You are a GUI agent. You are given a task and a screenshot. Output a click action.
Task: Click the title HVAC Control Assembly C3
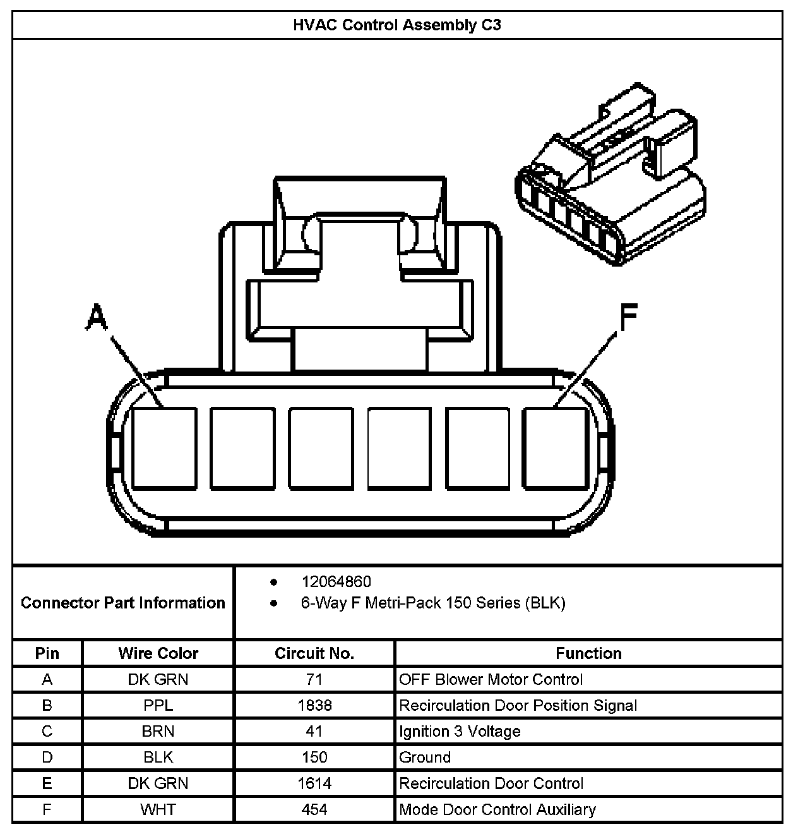click(397, 25)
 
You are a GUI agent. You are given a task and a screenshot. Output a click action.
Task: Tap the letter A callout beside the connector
click(96, 317)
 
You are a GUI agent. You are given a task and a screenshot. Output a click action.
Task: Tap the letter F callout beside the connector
click(628, 317)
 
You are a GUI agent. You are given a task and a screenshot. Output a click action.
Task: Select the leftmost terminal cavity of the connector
click(164, 448)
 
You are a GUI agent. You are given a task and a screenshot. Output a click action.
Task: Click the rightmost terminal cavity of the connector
click(556, 448)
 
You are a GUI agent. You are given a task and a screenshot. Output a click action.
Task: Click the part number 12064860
click(336, 581)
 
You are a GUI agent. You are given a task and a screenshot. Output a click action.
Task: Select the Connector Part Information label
click(123, 603)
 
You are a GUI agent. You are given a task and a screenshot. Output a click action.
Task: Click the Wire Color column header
click(158, 653)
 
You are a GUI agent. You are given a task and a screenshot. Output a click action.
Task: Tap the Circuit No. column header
click(314, 653)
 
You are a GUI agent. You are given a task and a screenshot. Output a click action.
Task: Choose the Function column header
click(588, 653)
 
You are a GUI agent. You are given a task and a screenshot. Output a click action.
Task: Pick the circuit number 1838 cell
click(314, 705)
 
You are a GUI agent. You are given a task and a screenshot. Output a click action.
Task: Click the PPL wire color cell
click(158, 705)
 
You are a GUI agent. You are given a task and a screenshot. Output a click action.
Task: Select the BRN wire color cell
click(158, 731)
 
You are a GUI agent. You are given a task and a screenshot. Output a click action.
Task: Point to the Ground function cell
click(425, 757)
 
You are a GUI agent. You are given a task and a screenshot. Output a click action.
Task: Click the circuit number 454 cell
click(314, 809)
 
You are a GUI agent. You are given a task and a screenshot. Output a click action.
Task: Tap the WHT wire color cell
click(158, 809)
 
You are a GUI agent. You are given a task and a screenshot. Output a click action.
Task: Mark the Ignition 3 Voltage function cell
click(460, 731)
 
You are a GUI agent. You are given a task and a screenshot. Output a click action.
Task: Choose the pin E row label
click(47, 783)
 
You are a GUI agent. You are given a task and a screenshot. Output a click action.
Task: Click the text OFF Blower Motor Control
click(491, 679)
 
